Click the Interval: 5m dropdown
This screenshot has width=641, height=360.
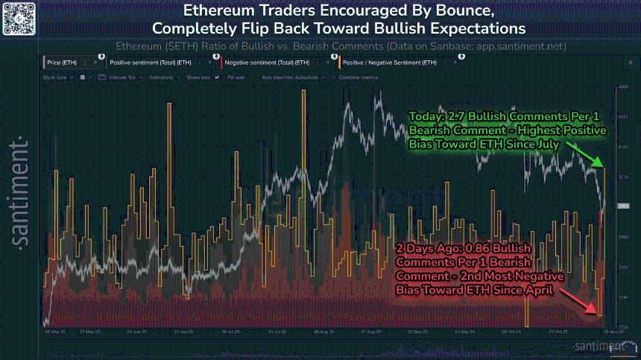(x=122, y=77)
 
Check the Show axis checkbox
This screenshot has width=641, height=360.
(x=217, y=77)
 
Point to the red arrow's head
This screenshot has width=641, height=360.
(x=594, y=311)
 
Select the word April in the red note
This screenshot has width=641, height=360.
(x=539, y=289)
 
